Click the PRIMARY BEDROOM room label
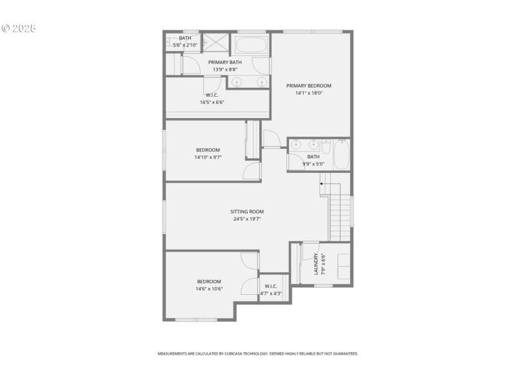tap(309, 86)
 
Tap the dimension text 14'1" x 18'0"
tap(309, 93)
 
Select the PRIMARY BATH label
tap(224, 62)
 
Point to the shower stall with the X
tap(218, 43)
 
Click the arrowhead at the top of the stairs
tap(321, 184)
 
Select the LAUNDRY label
tap(316, 264)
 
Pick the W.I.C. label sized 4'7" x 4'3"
tap(271, 286)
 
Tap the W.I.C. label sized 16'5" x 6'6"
tap(212, 95)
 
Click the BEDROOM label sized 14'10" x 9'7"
tap(208, 150)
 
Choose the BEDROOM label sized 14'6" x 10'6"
tap(210, 281)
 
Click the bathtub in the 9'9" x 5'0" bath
tap(341, 155)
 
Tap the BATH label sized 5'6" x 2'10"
tap(185, 38)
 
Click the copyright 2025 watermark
tap(19, 28)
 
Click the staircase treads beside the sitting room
tap(340, 213)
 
